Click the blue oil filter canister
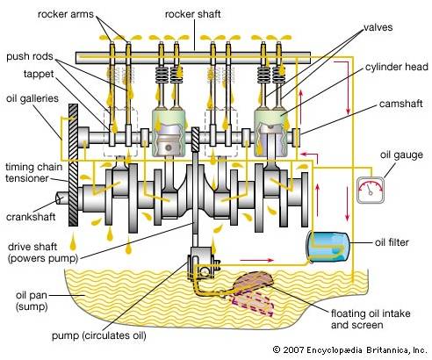pyautogui.click(x=328, y=248)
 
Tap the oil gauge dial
pyautogui.click(x=371, y=190)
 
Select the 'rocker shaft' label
pyautogui.click(x=192, y=14)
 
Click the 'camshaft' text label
pyautogui.click(x=400, y=104)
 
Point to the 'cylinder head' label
pyautogui.click(x=397, y=67)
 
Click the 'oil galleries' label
pyautogui.click(x=32, y=98)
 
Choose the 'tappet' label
pyautogui.click(x=39, y=74)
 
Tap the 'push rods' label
pyautogui.click(x=30, y=56)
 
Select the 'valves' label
pyautogui.click(x=378, y=27)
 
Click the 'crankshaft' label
pyautogui.click(x=31, y=217)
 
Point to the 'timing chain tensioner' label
pyautogui.click(x=34, y=173)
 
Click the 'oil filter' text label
pyautogui.click(x=392, y=242)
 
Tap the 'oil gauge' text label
pyautogui.click(x=401, y=155)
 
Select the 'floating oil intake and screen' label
pyautogui.click(x=371, y=319)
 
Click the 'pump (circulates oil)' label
pyautogui.click(x=99, y=335)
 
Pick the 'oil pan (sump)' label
pyautogui.click(x=32, y=300)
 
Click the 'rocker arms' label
pyautogui.click(x=66, y=14)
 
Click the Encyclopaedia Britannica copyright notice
pyautogui.click(x=350, y=349)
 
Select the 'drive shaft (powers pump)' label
pyautogui.click(x=43, y=252)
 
